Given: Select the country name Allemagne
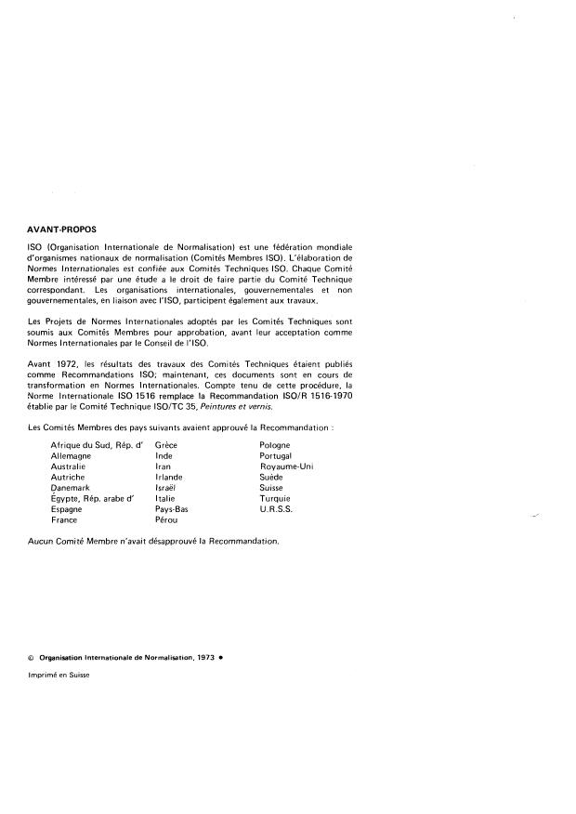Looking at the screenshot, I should [x=72, y=456].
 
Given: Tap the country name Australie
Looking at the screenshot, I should [x=71, y=466].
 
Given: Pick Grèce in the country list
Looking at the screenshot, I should [x=166, y=446].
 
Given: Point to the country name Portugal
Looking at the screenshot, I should [x=276, y=456].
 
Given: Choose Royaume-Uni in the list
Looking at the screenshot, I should [x=286, y=466].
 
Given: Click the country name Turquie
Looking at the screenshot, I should [x=275, y=498].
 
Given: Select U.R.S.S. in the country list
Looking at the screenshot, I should [x=277, y=509].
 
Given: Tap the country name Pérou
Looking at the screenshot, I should [x=166, y=519].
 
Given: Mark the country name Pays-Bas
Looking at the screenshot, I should [x=172, y=509].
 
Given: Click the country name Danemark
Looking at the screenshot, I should [x=72, y=488].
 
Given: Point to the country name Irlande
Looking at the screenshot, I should [x=169, y=478].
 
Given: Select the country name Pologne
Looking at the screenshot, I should [x=276, y=446].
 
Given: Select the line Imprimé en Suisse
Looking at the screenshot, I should [x=59, y=676].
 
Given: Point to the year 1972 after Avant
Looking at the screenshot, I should [x=67, y=363].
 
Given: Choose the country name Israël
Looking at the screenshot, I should [x=166, y=488].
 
